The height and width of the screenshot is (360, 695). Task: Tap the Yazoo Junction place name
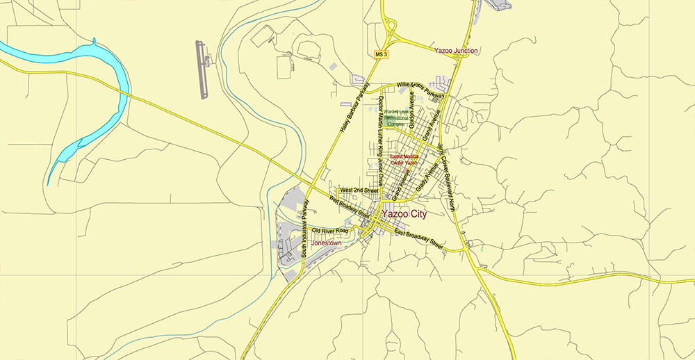456,51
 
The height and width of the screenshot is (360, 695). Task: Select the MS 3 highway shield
379,54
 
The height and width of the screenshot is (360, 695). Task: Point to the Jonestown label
327,243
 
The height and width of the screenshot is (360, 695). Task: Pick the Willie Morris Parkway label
420,89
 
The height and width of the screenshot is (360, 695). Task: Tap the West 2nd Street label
358,190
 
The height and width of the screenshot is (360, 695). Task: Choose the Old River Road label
329,230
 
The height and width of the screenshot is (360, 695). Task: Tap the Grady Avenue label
424,177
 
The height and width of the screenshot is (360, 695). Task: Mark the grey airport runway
202,69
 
